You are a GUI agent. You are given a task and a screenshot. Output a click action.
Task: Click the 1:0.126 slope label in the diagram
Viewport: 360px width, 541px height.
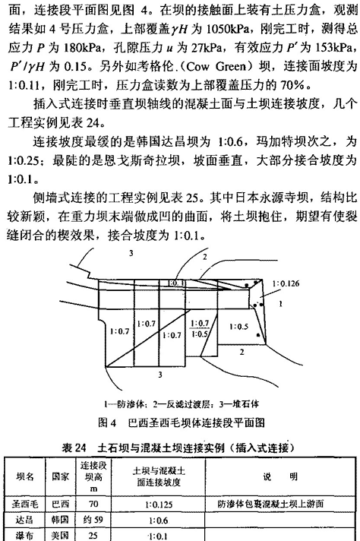[x=286, y=283]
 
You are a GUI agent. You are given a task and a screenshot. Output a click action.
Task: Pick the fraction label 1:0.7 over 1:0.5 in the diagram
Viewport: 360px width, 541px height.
[x=200, y=328]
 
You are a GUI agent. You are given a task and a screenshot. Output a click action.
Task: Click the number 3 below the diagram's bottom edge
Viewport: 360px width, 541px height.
[x=160, y=375]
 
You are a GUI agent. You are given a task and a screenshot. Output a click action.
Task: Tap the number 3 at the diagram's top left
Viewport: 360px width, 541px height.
[x=131, y=254]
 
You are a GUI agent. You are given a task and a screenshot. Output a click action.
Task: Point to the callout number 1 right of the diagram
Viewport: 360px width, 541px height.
[x=280, y=304]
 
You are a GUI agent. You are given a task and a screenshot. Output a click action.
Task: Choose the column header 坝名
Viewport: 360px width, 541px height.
[x=25, y=477]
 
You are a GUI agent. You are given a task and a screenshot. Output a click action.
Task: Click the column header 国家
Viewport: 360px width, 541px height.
[x=60, y=477]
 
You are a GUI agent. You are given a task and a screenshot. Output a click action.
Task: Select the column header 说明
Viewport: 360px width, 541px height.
[x=280, y=477]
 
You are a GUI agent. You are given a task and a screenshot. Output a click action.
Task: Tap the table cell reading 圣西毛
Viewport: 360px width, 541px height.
[x=25, y=504]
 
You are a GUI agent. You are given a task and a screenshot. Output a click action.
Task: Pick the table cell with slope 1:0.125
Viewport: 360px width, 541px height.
[x=159, y=505]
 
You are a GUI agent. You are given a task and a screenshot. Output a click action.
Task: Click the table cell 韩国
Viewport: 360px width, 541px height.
[x=60, y=520]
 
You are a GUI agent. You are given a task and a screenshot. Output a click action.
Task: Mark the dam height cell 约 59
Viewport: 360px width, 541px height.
[x=93, y=520]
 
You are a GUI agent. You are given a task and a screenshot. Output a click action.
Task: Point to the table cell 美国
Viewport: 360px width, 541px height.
[x=60, y=535]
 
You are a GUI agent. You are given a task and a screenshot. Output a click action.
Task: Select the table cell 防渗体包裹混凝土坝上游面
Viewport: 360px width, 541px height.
[x=270, y=504]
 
